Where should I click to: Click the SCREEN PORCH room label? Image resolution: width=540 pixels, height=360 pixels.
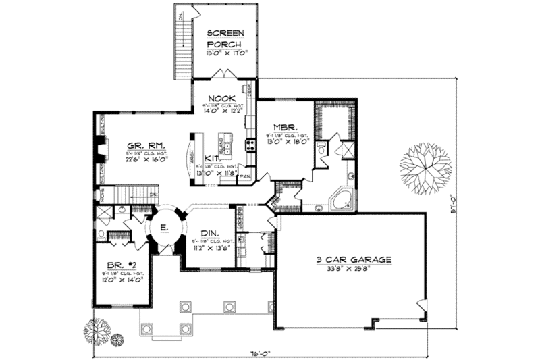click(x=225, y=38)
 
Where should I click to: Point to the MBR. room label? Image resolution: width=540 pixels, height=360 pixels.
click(x=281, y=126)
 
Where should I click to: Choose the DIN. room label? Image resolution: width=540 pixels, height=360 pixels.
click(x=210, y=233)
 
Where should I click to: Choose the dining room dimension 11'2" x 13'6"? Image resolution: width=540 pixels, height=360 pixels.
click(x=210, y=247)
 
